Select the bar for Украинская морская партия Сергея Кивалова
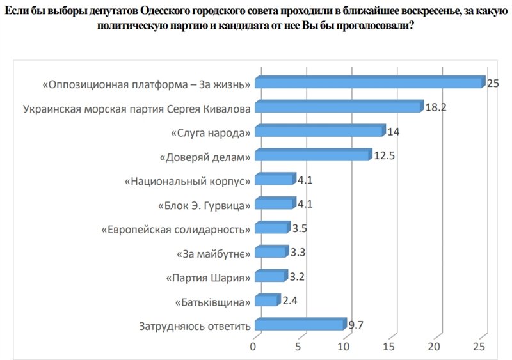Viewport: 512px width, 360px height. (339, 107)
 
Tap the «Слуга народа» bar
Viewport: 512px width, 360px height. (320, 132)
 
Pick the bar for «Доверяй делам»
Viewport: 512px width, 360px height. (312, 155)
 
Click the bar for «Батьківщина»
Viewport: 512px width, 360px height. (267, 301)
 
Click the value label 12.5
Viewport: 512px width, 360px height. (384, 155)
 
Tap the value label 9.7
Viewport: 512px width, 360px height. (356, 325)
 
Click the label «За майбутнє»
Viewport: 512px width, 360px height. (213, 253)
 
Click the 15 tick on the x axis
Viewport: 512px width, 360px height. (389, 347)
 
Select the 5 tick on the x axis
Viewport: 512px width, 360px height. (298, 347)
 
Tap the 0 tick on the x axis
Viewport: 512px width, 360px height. (253, 347)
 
